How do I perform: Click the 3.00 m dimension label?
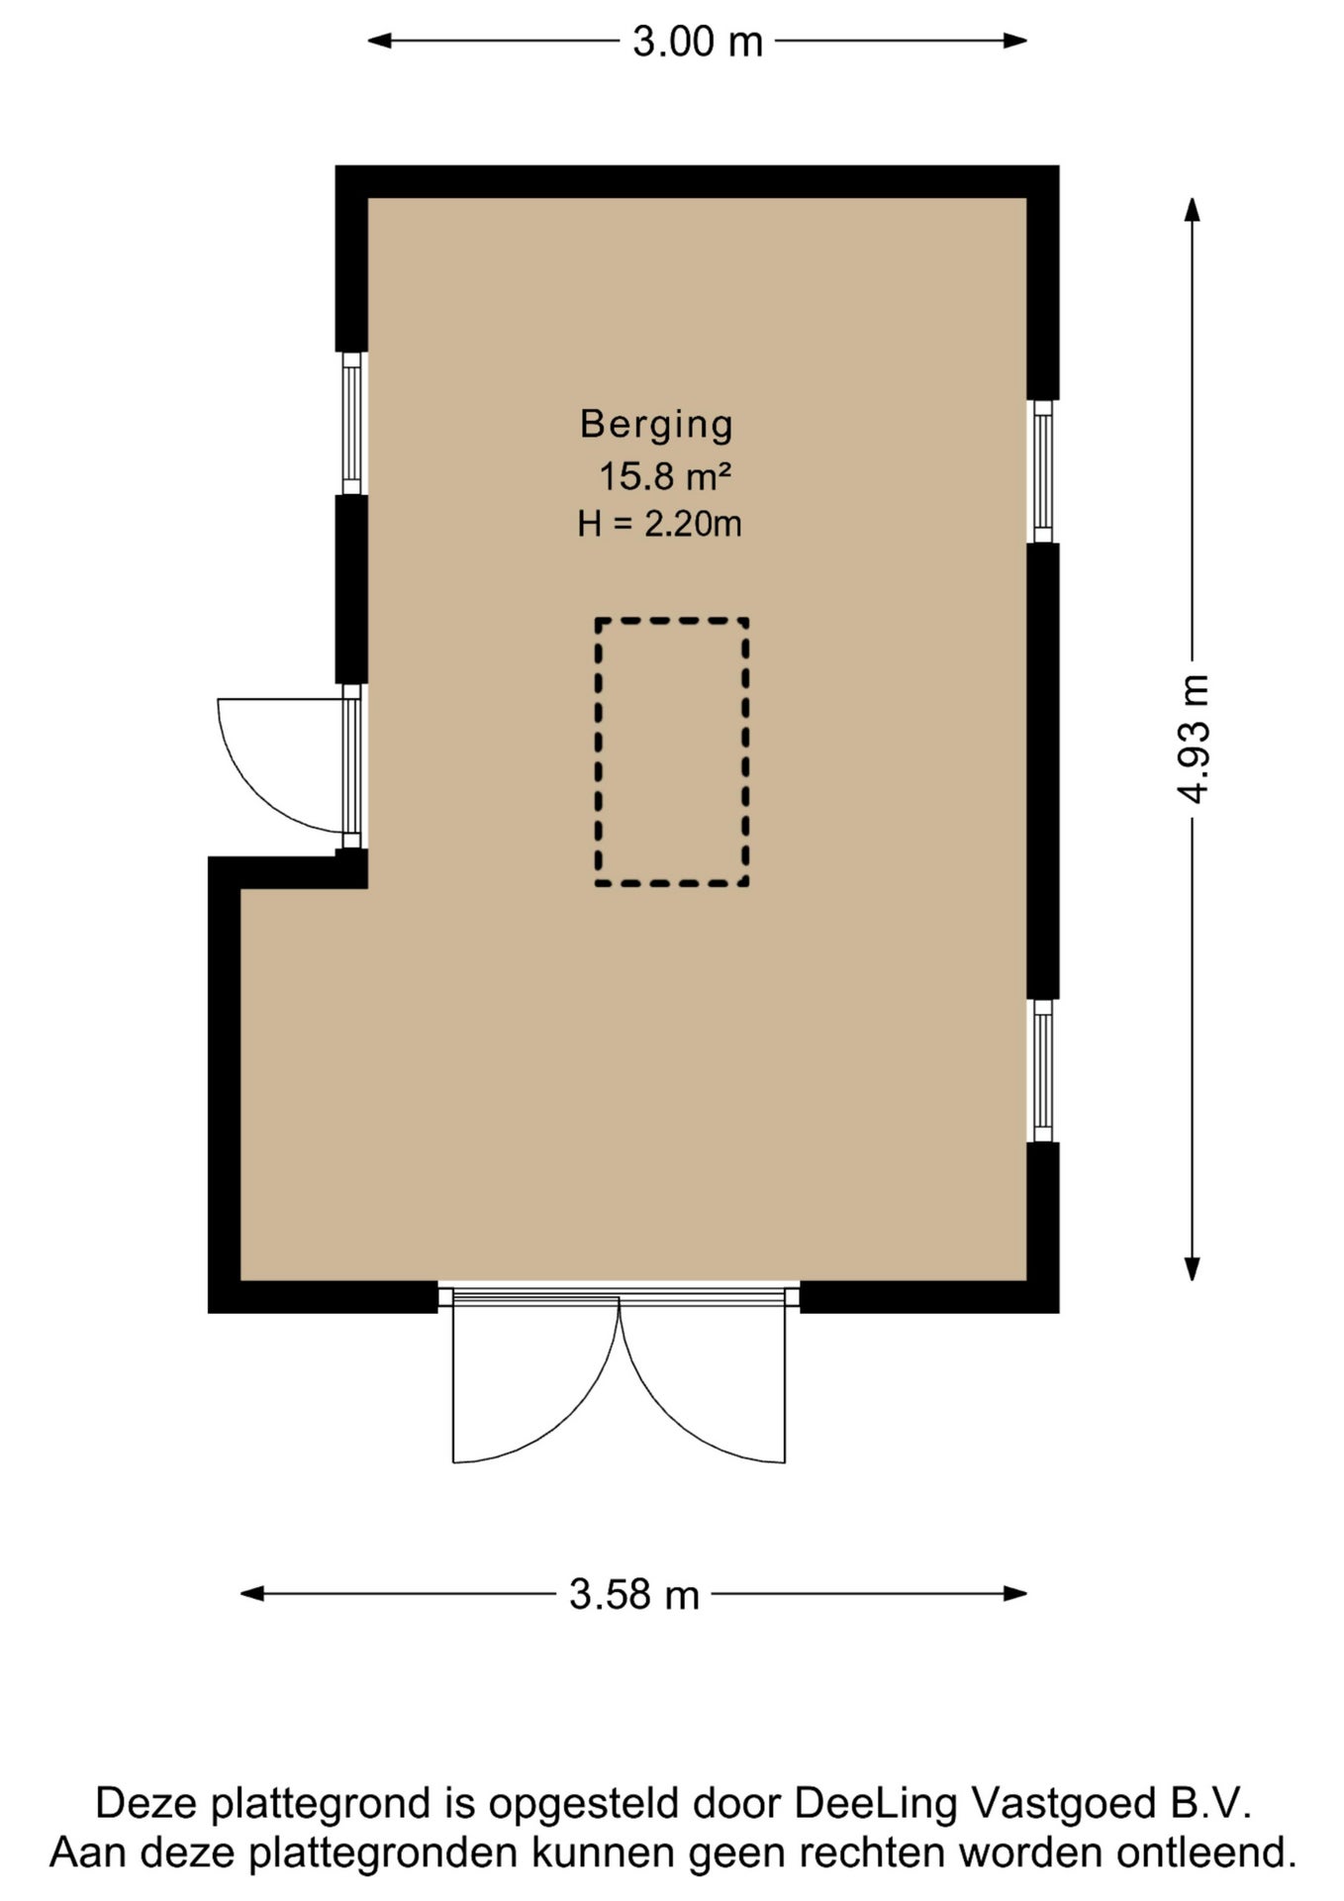(698, 42)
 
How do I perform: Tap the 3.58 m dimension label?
(634, 1594)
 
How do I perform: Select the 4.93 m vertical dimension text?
(1194, 739)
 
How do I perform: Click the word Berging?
(656, 424)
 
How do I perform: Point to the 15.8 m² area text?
(665, 477)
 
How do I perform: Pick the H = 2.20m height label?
(659, 523)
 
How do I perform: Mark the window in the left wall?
(351, 423)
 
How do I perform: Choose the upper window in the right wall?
(1042, 471)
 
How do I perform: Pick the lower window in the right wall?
(1042, 1070)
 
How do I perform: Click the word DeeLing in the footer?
(876, 1803)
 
